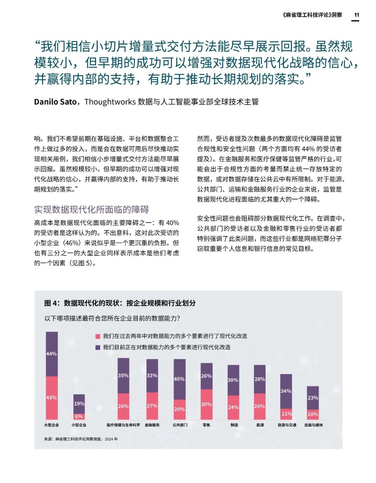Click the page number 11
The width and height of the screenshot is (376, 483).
357,15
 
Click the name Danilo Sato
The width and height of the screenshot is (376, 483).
55,102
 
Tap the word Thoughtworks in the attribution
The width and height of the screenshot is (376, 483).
110,102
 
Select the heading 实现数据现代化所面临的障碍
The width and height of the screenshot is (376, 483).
91,209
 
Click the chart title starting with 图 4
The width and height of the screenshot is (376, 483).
120,303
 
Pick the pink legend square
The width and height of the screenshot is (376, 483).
98,336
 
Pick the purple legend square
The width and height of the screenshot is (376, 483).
98,347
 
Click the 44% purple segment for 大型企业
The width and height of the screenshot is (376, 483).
52,354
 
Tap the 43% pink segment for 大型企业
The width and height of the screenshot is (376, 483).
52,398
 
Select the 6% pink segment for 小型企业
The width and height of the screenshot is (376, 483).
79,416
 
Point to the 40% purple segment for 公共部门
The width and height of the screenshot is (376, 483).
179,379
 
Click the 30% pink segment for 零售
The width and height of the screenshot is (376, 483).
206,404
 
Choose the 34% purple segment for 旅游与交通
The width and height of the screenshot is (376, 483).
286,391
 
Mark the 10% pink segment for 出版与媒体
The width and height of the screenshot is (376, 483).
313,414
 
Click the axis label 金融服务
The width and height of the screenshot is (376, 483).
152,425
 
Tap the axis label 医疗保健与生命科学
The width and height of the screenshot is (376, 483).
123,425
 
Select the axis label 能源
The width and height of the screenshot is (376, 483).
260,425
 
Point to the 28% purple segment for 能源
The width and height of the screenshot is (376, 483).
260,379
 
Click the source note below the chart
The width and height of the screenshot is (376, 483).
81,439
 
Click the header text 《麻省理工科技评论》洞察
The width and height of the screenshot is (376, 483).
312,15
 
